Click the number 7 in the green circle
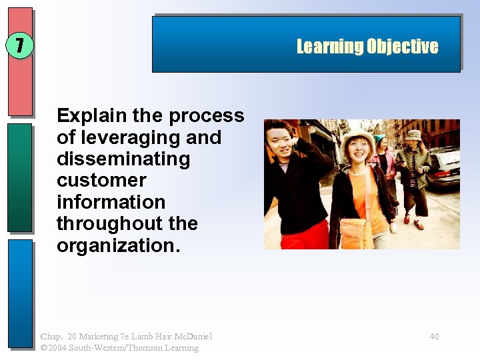pyautogui.click(x=20, y=46)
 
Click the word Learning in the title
pyautogui.click(x=329, y=46)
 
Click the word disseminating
pyautogui.click(x=123, y=159)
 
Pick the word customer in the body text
pyautogui.click(x=101, y=180)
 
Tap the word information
pyautogui.click(x=111, y=202)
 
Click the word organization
pyautogui.click(x=118, y=245)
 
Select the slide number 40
pyautogui.click(x=434, y=337)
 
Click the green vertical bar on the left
pyautogui.click(x=20, y=177)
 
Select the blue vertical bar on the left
pyautogui.click(x=20, y=293)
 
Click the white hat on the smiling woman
pyautogui.click(x=359, y=135)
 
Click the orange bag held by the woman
pyautogui.click(x=355, y=233)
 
